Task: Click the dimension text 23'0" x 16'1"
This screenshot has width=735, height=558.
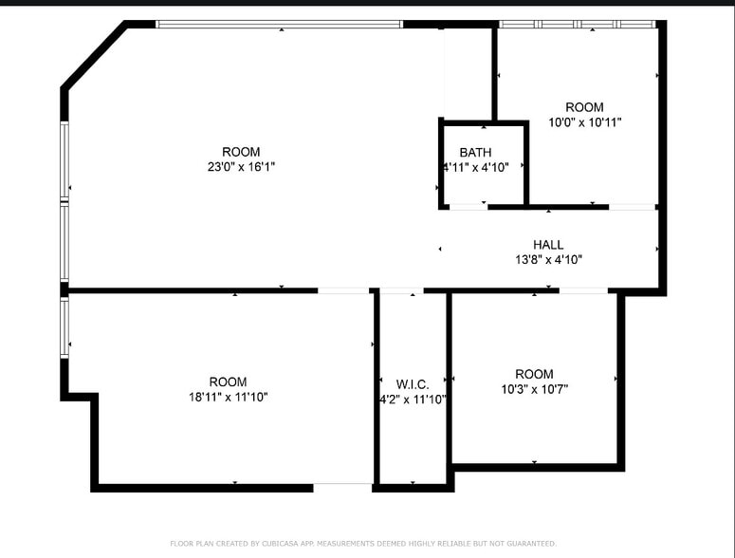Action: (x=241, y=167)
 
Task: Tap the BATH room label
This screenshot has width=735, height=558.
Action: (x=475, y=153)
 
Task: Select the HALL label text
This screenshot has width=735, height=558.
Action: (x=548, y=245)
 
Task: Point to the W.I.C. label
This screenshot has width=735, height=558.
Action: (x=413, y=384)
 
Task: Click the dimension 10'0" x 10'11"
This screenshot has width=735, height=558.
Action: (x=584, y=122)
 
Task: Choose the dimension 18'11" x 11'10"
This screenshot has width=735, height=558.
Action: (x=228, y=398)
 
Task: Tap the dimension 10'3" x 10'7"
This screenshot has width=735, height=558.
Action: (x=534, y=389)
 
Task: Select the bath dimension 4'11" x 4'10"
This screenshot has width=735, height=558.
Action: (x=476, y=168)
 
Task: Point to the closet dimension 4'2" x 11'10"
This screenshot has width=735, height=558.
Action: (x=413, y=400)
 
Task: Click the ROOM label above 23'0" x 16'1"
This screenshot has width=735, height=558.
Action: (x=241, y=152)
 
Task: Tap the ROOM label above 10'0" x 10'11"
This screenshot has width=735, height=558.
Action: (x=584, y=107)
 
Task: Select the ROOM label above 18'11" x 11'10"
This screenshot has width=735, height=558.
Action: (x=228, y=382)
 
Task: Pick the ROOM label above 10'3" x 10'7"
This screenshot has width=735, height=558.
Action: (x=534, y=374)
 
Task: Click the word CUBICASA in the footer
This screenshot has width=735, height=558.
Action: (x=281, y=544)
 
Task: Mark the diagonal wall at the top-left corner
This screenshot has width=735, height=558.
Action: (x=94, y=56)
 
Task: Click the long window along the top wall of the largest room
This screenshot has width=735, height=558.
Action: (x=279, y=24)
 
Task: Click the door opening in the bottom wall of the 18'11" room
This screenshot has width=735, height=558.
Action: (x=342, y=487)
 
